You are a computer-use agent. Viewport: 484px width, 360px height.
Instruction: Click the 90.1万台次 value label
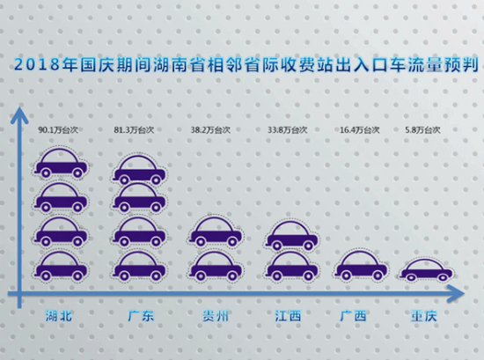point(58,130)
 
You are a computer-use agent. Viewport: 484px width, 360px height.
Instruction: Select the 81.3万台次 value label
point(134,130)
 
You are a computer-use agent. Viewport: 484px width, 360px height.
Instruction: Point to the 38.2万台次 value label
point(210,130)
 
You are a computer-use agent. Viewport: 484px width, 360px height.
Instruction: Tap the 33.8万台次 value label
point(288,130)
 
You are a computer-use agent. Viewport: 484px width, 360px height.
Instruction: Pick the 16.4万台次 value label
point(360,130)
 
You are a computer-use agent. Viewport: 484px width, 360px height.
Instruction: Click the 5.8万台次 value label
point(422,130)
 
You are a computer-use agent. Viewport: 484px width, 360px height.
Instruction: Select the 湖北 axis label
point(59,316)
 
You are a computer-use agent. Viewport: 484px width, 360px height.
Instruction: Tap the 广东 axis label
point(141,316)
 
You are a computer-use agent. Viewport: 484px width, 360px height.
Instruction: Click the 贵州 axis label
point(216,316)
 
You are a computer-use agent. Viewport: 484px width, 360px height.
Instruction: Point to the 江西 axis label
point(288,316)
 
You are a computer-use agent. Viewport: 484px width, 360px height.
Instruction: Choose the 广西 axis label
point(353,316)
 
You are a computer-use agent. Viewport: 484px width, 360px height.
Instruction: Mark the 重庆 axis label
point(424,316)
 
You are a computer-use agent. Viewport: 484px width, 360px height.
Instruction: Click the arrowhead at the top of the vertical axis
point(19,114)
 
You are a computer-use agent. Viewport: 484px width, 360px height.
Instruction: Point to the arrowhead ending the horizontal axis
point(456,294)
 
